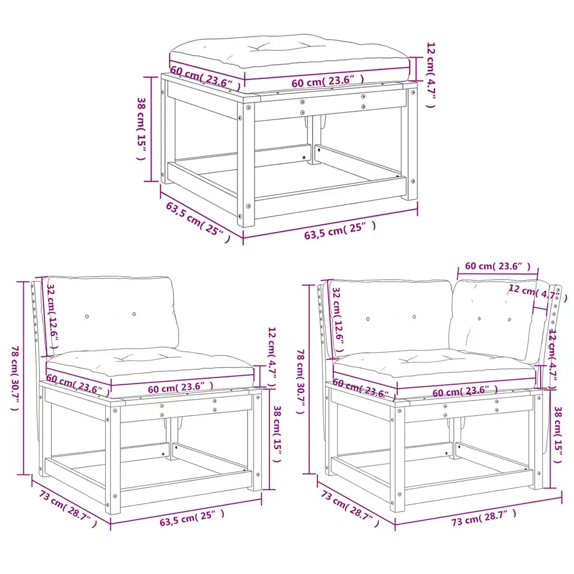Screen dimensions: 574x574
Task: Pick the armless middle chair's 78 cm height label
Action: [15, 378]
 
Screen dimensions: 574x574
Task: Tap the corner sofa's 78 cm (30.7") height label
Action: [300, 381]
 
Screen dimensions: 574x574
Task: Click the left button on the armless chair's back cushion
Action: [87, 317]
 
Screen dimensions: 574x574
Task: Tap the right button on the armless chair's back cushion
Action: [134, 314]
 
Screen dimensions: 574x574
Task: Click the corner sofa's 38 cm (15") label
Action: [557, 434]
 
